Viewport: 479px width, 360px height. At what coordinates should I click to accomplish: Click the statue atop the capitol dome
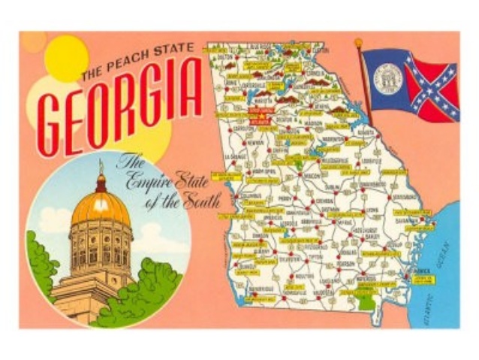click(101, 167)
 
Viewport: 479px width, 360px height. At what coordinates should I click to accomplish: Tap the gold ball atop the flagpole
click(358, 43)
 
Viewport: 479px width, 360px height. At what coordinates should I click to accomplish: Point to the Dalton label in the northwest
click(224, 56)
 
